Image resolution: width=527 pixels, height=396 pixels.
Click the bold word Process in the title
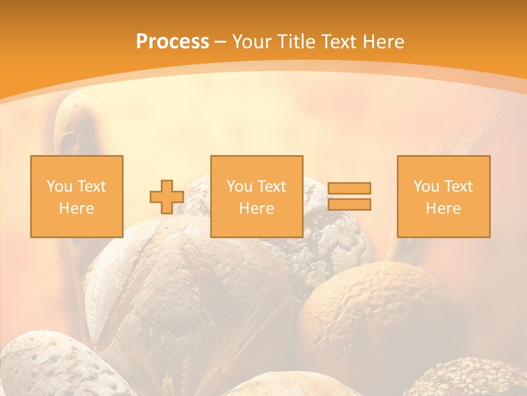(x=172, y=42)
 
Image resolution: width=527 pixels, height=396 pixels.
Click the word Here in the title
(x=382, y=42)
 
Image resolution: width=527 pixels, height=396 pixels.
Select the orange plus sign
(x=167, y=197)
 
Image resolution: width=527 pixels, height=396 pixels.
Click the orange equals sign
(x=349, y=196)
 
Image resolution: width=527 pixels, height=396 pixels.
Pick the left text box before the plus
(x=76, y=196)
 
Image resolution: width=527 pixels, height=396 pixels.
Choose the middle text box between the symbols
(x=256, y=196)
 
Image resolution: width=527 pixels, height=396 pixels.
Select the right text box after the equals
(x=443, y=196)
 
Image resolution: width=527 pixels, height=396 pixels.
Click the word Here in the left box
(x=76, y=208)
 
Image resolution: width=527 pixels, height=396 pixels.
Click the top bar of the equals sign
(x=349, y=188)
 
